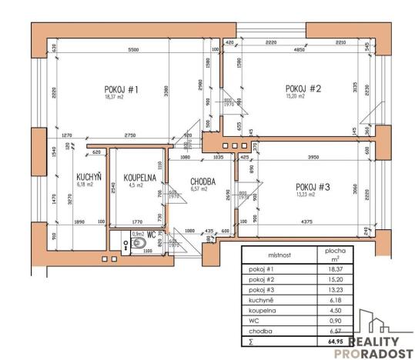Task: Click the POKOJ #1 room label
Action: click(x=122, y=89)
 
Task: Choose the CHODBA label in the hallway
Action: click(x=202, y=182)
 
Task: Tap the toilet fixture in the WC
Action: click(x=139, y=244)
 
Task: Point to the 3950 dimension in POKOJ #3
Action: click(x=307, y=158)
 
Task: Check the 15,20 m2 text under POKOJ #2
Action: click(x=296, y=96)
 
